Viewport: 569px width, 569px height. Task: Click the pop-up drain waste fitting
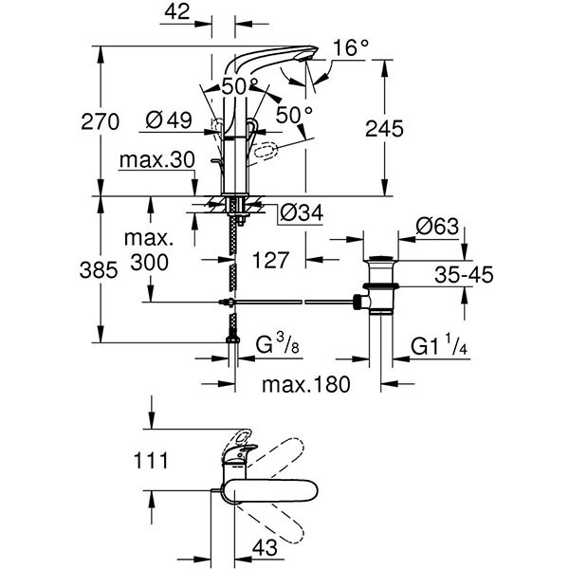(x=381, y=289)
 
